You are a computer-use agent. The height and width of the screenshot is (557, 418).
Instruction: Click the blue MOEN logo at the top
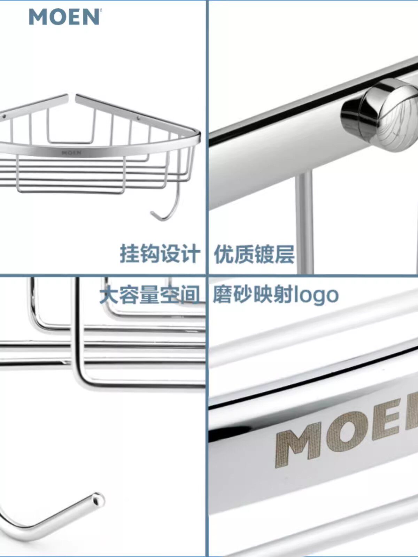pos(64,17)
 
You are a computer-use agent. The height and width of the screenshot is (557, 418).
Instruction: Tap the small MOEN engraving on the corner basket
pos(71,152)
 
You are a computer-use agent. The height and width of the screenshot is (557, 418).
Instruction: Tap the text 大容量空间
pos(150,295)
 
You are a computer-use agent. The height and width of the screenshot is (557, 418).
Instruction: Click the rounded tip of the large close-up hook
pos(98,500)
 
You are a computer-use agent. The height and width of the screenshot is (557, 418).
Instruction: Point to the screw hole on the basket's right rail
pos(139,118)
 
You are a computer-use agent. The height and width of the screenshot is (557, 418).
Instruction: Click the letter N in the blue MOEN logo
pos(91,17)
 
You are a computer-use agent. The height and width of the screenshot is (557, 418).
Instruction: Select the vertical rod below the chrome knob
pos(304,223)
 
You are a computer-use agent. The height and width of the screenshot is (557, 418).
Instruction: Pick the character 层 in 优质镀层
pos(285,254)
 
